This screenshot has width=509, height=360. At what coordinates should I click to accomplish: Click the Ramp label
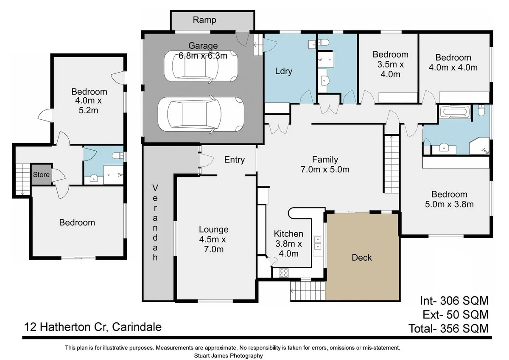click(x=204, y=20)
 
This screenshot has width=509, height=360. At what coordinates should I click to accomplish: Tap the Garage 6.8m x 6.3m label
click(x=203, y=51)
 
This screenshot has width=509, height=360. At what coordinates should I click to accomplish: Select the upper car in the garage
click(x=201, y=66)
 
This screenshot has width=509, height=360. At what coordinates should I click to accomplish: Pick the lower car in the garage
click(x=201, y=114)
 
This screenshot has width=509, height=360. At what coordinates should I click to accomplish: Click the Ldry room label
click(x=284, y=71)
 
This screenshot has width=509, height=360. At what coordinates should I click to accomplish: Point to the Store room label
click(x=41, y=174)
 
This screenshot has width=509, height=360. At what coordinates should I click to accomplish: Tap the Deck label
click(x=362, y=258)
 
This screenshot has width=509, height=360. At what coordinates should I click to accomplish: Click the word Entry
click(x=234, y=160)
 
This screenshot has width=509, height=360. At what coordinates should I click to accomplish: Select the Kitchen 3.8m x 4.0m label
click(x=288, y=244)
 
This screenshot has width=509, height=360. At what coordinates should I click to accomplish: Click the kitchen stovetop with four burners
click(x=284, y=273)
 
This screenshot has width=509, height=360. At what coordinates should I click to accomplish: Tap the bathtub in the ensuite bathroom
click(x=455, y=112)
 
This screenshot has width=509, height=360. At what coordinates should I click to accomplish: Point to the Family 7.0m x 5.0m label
click(x=325, y=164)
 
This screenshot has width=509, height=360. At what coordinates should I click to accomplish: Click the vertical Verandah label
click(x=155, y=222)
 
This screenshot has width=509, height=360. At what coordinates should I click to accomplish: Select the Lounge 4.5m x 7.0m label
click(x=214, y=239)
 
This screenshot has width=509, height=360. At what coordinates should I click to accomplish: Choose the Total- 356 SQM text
click(x=449, y=329)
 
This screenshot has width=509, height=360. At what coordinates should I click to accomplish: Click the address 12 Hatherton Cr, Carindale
click(x=93, y=327)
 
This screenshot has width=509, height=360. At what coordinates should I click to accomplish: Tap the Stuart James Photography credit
click(x=228, y=356)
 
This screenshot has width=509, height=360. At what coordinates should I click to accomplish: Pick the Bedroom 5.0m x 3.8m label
click(x=449, y=200)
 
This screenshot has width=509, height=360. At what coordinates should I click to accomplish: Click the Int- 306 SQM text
click(x=454, y=301)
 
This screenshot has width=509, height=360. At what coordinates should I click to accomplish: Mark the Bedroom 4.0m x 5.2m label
click(x=89, y=101)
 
